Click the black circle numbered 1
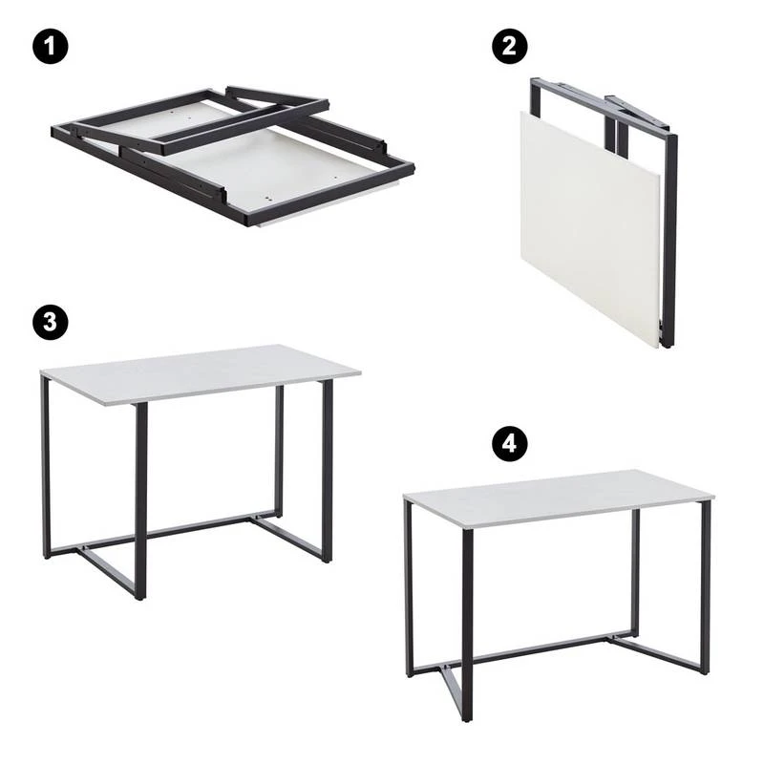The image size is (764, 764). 51,46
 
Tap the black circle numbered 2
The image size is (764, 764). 509,46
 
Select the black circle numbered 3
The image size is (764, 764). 51,322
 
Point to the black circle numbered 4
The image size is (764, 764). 509,443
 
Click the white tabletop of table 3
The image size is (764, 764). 200,372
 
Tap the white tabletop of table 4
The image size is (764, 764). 559,497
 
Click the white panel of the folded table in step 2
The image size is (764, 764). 589,229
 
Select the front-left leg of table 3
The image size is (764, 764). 140,500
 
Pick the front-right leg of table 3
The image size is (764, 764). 328,471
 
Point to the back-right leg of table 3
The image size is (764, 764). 279,452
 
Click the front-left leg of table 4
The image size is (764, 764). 467,626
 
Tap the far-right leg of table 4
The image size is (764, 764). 705,587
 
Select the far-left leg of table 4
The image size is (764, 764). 410,588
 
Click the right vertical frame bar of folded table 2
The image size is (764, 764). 669,242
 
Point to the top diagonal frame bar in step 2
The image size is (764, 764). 605,106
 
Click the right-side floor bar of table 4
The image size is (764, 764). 658,654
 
